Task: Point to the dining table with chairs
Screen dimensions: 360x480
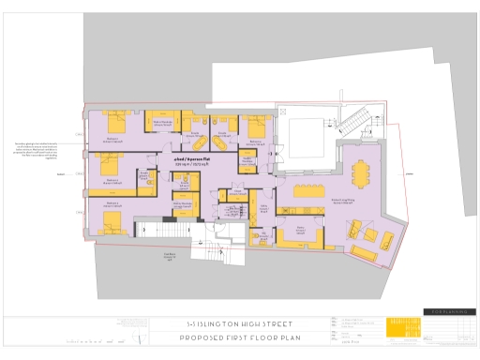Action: pyautogui.click(x=360, y=173)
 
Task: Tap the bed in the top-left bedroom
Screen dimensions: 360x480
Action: pyautogui.click(x=117, y=122)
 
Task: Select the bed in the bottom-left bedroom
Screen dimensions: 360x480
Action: pyautogui.click(x=112, y=221)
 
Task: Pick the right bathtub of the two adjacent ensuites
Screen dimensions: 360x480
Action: pyautogui.click(x=221, y=127)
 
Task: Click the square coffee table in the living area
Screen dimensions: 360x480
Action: pyautogui.click(x=369, y=234)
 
